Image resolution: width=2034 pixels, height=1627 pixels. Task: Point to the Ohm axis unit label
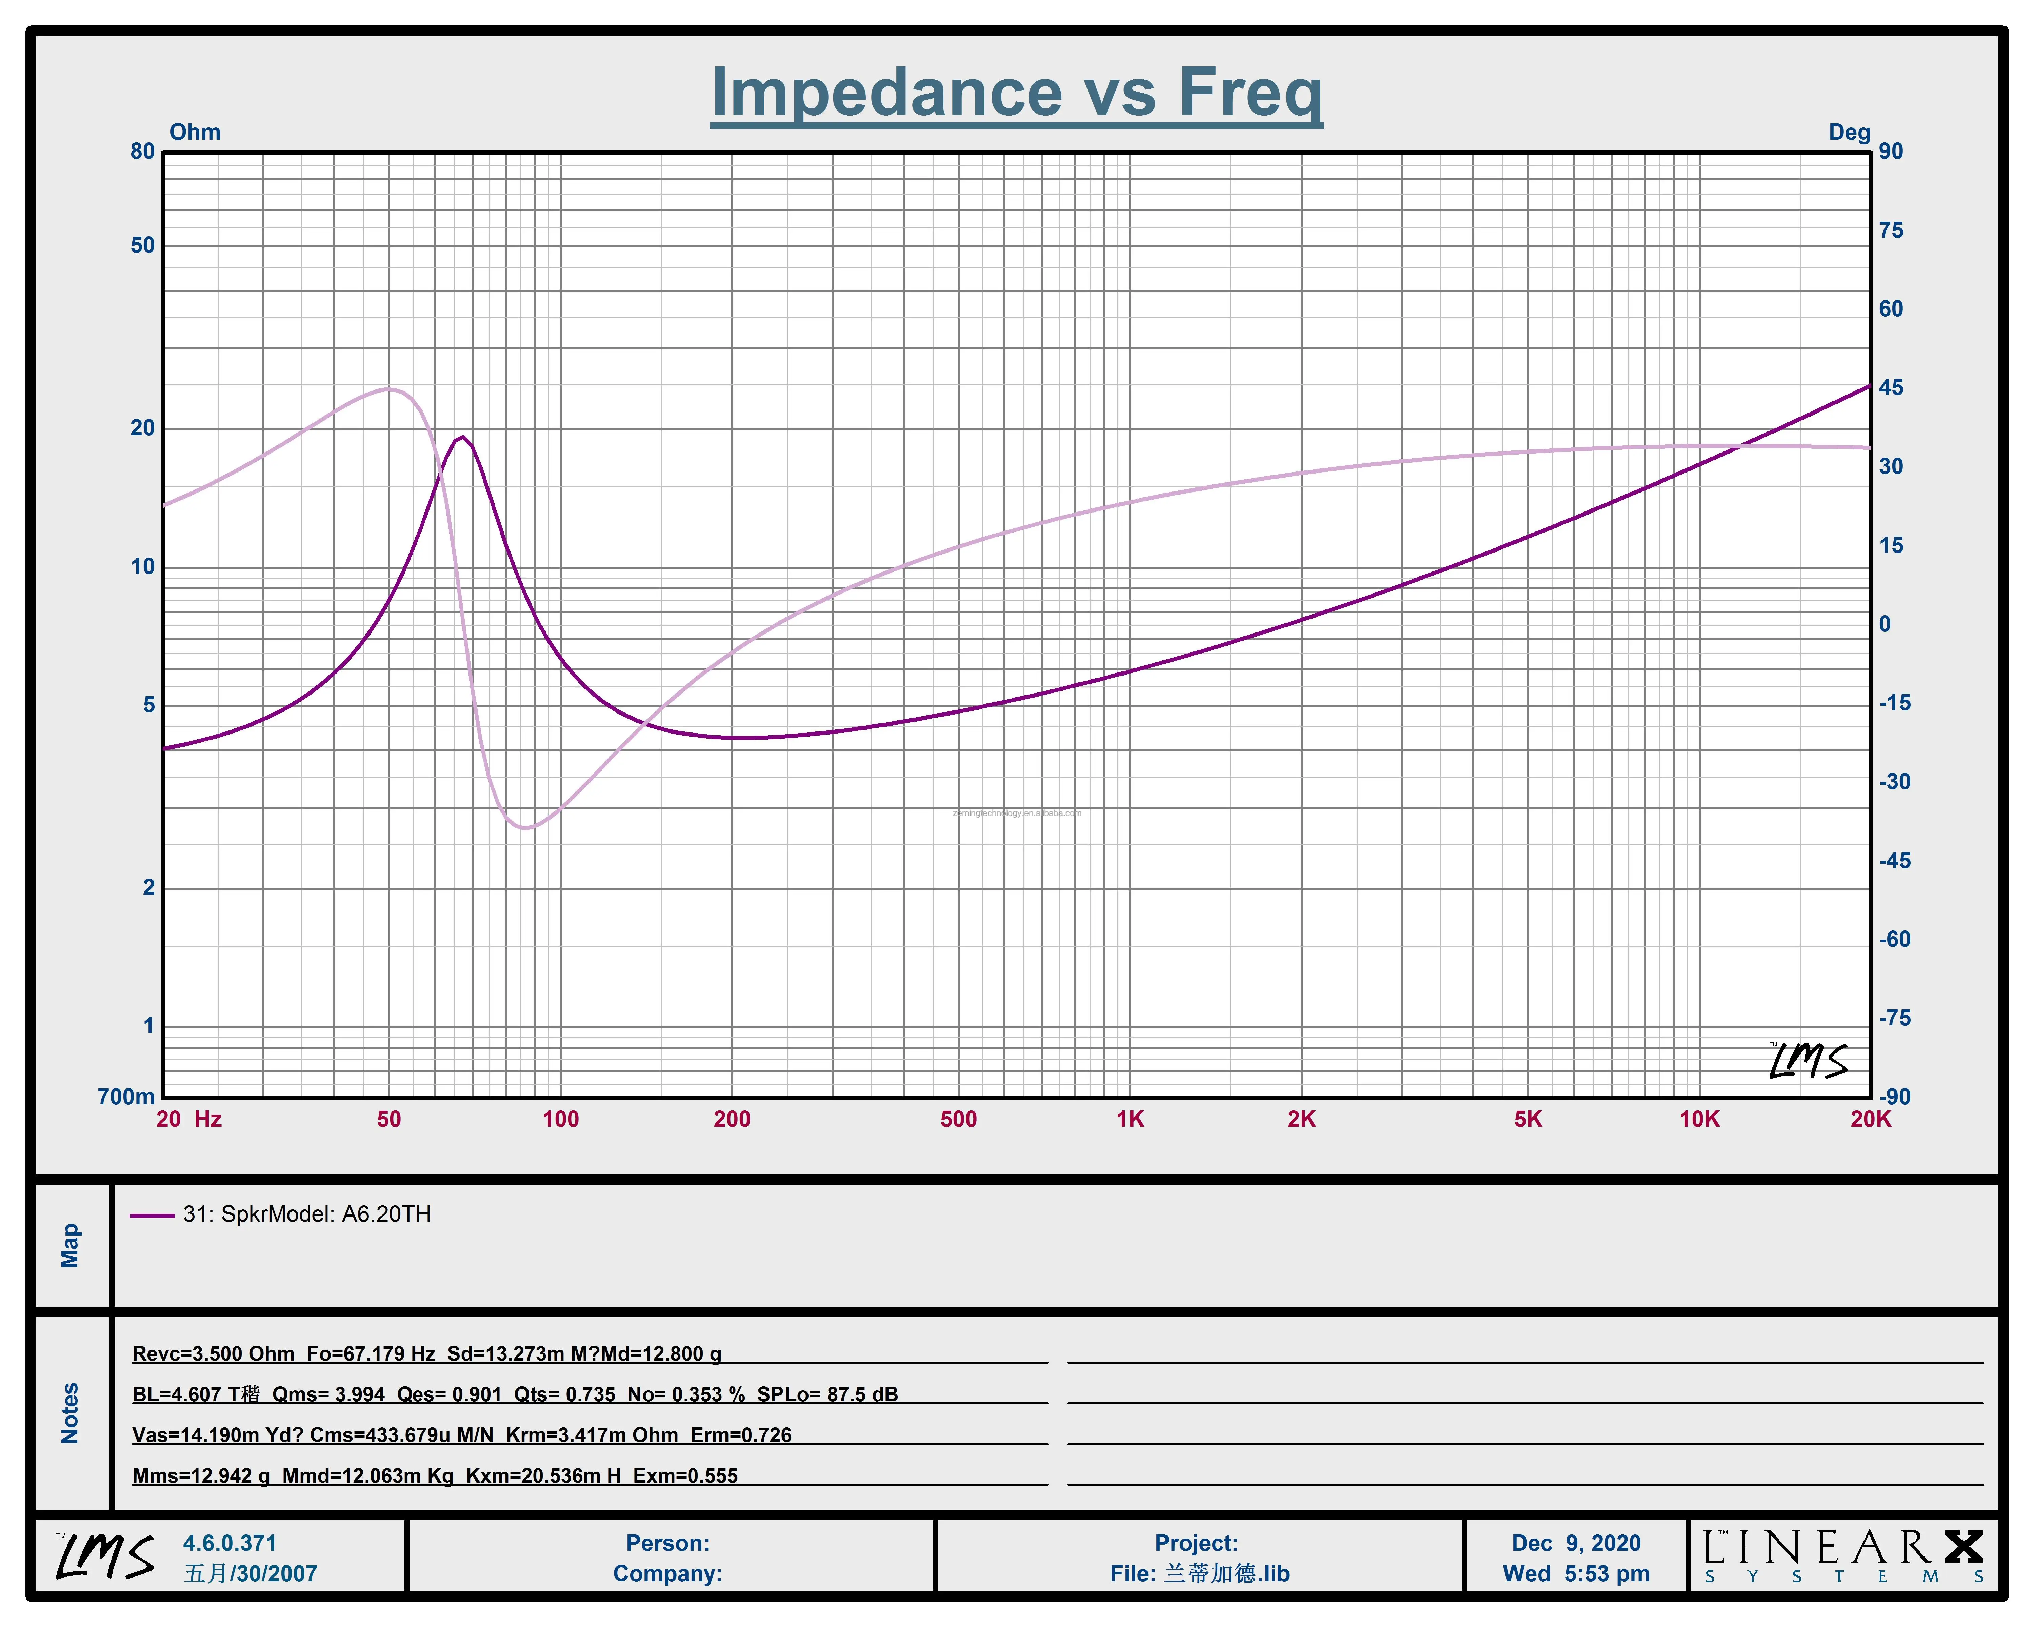pos(194,132)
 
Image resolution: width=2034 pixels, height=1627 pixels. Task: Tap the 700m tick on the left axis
pos(125,1097)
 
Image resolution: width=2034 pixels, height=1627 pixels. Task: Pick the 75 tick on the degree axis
pos(1891,230)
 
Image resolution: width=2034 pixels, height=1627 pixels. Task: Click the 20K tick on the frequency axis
pos(1870,1120)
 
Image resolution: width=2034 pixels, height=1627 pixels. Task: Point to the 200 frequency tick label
pos(732,1120)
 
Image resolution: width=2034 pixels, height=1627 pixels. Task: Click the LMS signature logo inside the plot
pos(1808,1061)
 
